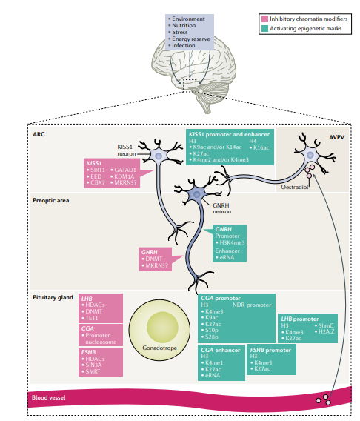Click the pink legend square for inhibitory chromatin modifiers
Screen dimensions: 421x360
click(264, 18)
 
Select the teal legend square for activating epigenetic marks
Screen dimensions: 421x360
click(264, 28)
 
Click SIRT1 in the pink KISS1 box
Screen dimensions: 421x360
click(98, 170)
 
